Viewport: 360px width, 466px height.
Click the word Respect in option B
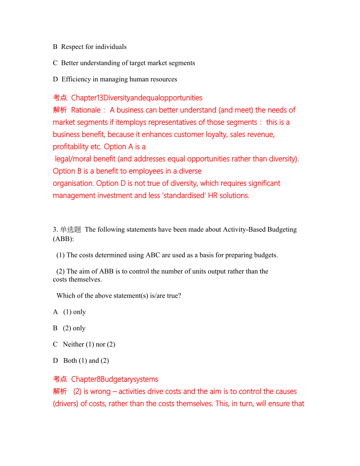point(72,47)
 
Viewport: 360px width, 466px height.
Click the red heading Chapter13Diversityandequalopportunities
point(137,98)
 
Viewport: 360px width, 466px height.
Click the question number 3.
point(55,230)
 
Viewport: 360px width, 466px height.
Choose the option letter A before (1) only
point(55,312)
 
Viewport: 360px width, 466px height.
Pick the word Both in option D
point(70,361)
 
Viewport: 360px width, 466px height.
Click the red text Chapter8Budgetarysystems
point(115,380)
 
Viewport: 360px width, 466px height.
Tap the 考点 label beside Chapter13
point(60,98)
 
